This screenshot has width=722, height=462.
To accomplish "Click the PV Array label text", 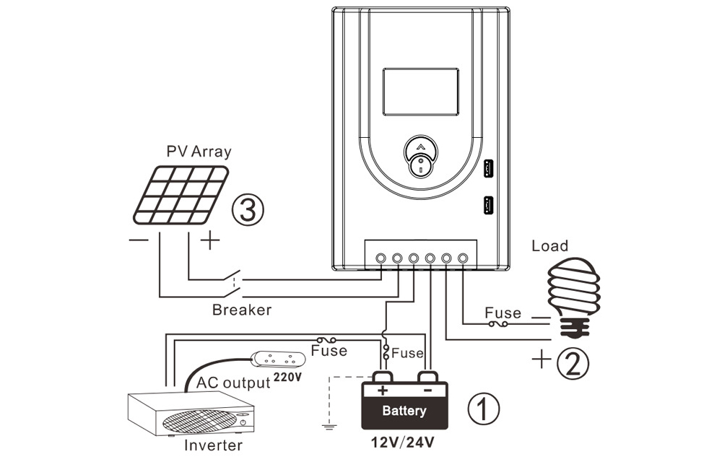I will [x=199, y=152].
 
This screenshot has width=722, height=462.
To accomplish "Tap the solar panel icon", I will [x=181, y=194].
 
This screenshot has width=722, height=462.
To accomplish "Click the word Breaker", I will [x=242, y=310].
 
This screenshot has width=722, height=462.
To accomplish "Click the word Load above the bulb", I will [x=550, y=246].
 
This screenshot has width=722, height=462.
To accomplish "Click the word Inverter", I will [x=213, y=445].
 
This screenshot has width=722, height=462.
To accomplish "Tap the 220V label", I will [x=287, y=376].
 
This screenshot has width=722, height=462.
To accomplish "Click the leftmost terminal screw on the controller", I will [x=380, y=257].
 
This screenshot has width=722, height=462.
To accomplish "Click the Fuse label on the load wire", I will [x=503, y=313].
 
